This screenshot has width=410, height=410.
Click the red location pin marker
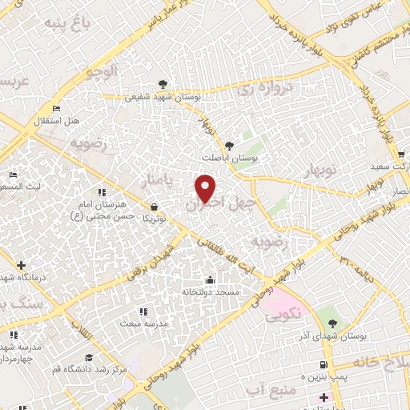[x=207, y=187]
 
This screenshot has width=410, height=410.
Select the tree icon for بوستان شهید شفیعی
[x=163, y=83]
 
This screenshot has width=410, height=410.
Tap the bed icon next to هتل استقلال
[x=55, y=108]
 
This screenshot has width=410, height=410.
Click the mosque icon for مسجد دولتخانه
[x=210, y=279]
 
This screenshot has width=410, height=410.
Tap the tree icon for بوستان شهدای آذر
[x=332, y=324]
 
